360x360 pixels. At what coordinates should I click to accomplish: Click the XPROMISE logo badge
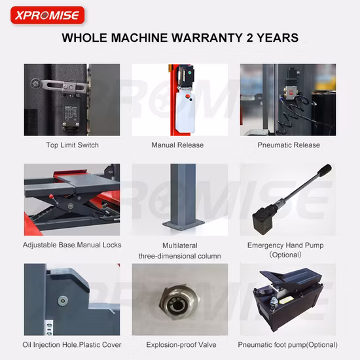click(x=48, y=15)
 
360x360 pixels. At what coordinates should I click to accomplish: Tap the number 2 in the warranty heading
click(x=249, y=38)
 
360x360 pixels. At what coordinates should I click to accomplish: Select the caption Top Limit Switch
click(x=72, y=145)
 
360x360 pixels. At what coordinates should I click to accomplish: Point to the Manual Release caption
click(x=177, y=145)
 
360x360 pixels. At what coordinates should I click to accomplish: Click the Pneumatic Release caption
click(x=289, y=145)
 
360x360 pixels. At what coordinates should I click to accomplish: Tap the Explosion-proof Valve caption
click(x=181, y=344)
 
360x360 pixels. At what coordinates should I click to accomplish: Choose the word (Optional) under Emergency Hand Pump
click(x=285, y=255)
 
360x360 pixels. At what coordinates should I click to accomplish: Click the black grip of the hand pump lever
click(x=324, y=171)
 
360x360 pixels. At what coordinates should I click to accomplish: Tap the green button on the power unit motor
click(x=190, y=72)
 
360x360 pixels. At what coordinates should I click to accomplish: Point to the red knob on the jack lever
click(x=52, y=196)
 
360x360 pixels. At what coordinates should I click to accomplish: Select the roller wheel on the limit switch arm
click(x=35, y=83)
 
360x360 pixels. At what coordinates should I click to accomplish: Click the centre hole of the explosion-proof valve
click(x=177, y=306)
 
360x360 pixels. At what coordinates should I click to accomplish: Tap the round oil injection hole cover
click(x=63, y=301)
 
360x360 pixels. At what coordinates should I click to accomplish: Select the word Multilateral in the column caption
click(x=180, y=245)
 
